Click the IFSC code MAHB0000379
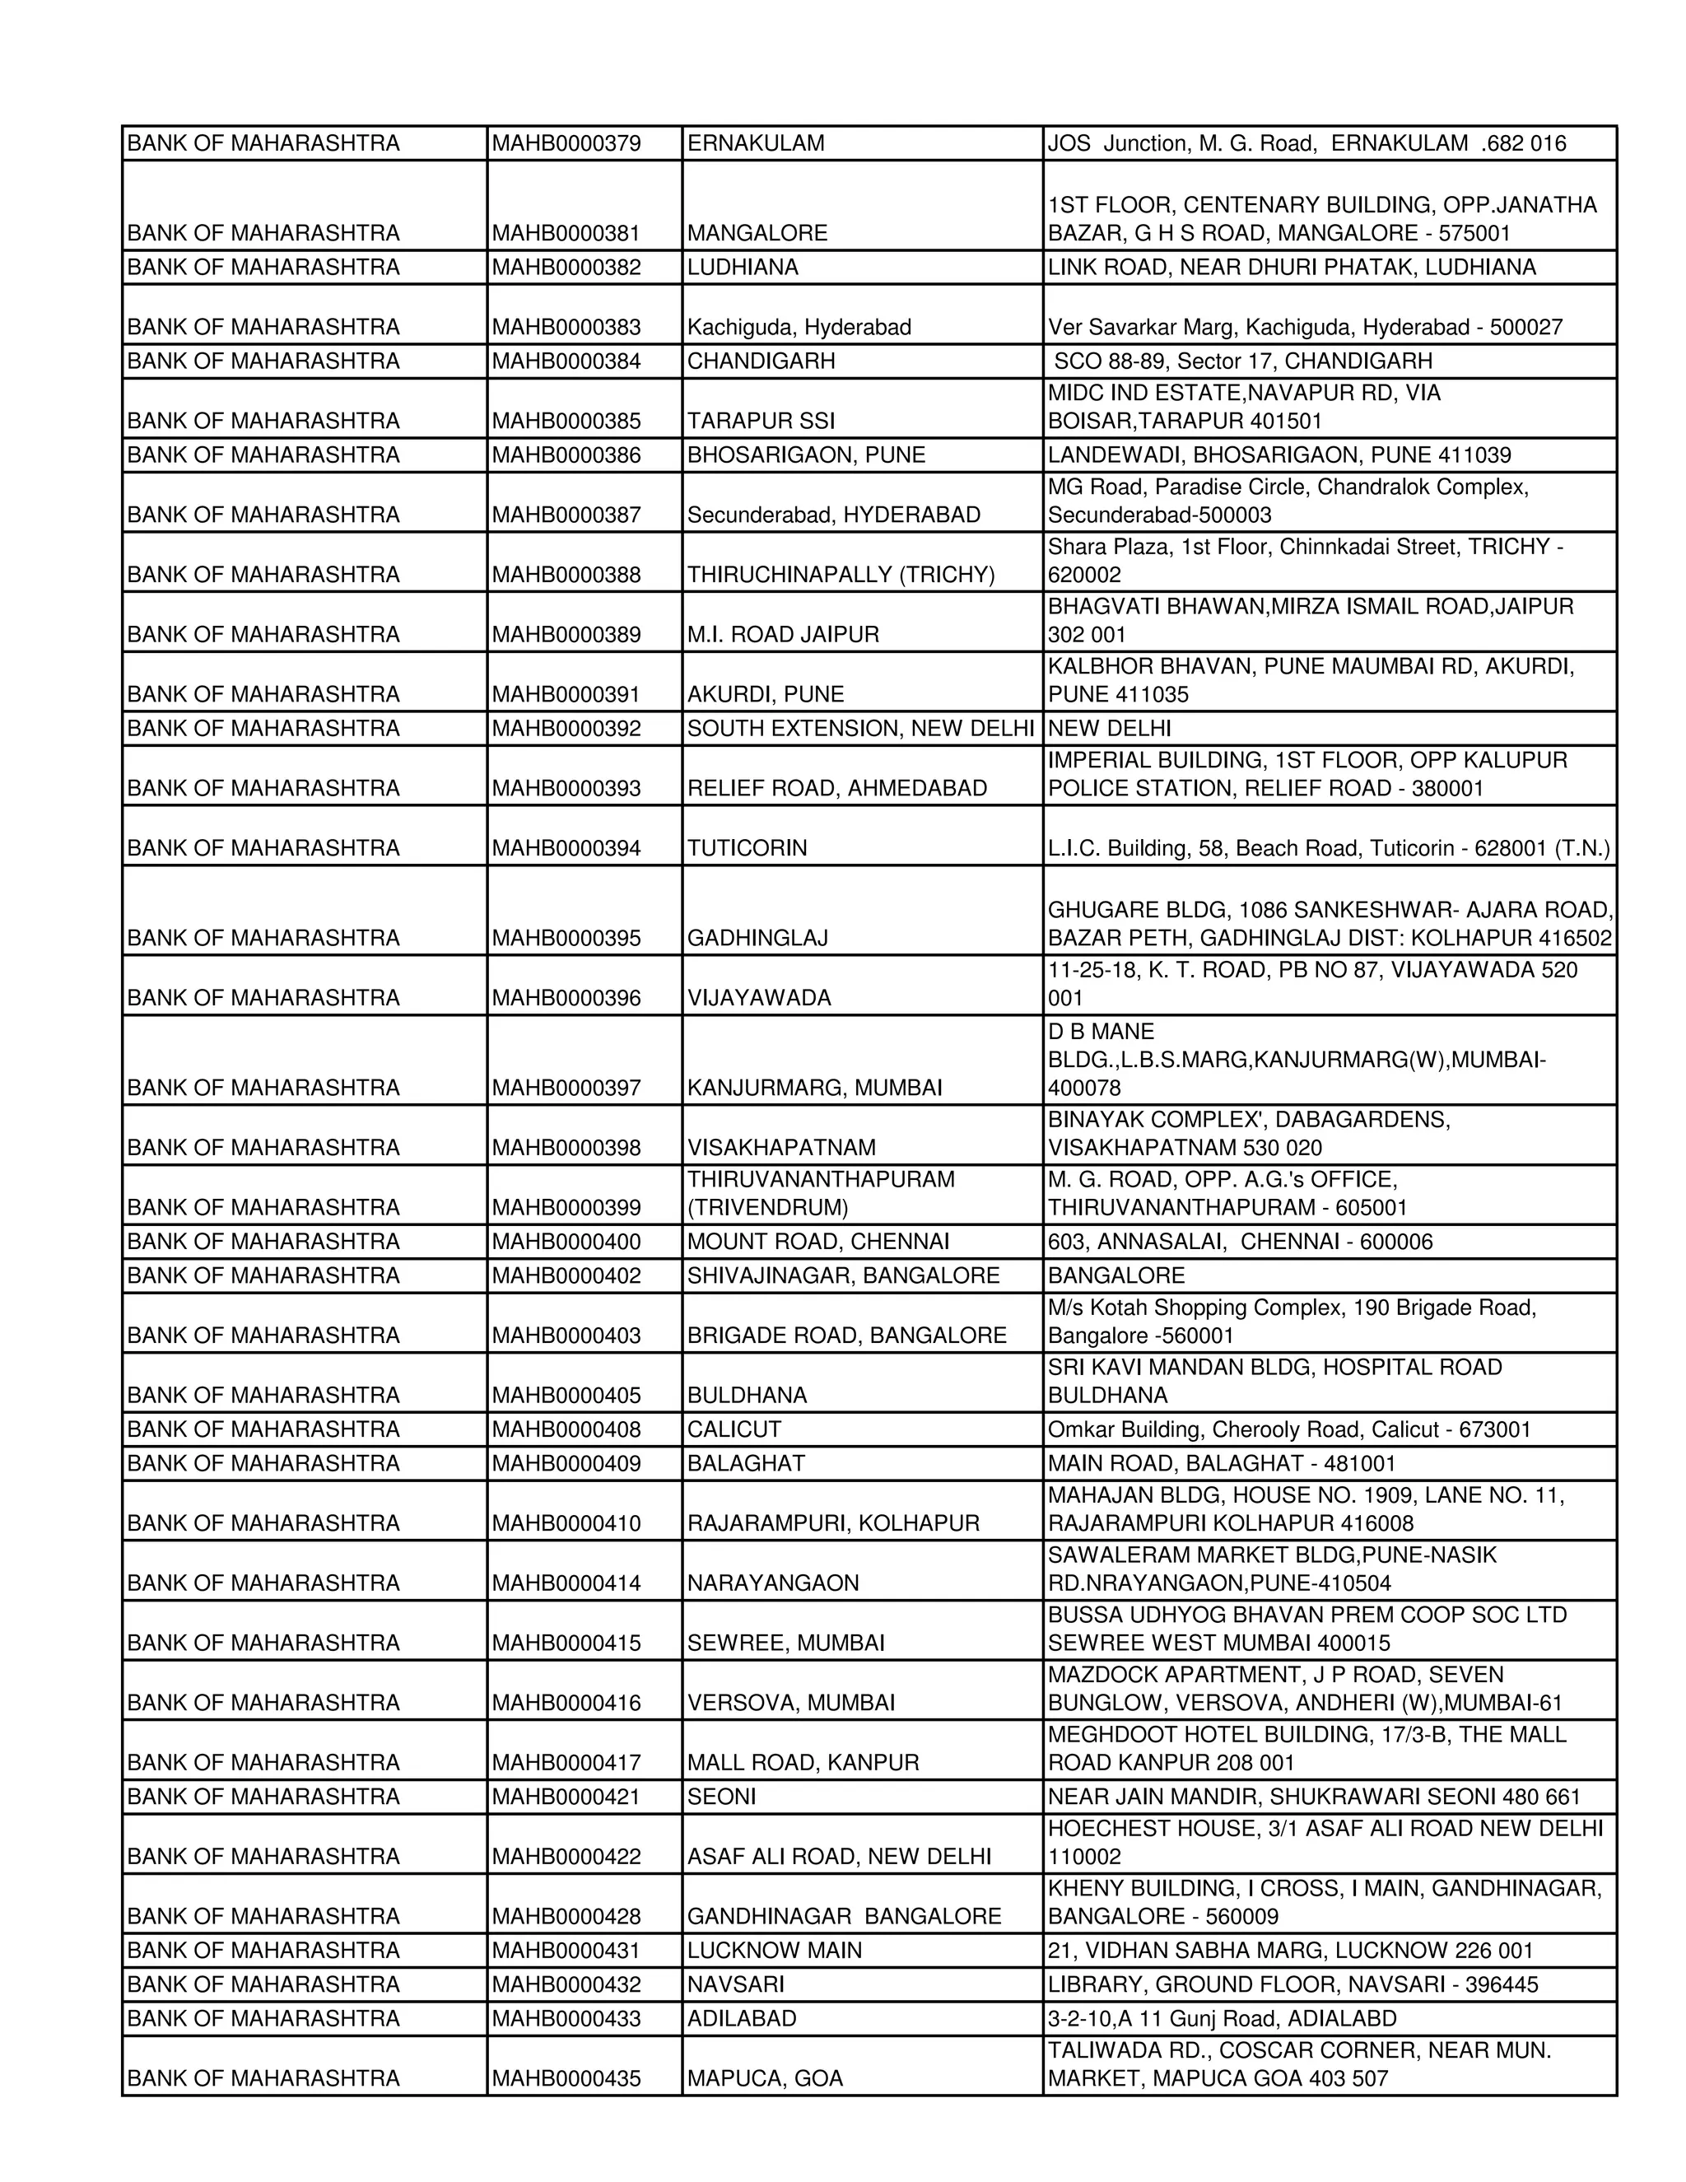566,144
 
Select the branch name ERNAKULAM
756,144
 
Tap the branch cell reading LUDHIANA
743,268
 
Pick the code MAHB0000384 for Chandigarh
566,361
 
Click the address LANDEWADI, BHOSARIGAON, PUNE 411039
1278,455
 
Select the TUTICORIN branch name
748,849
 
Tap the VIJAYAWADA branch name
759,999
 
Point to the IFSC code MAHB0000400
566,1243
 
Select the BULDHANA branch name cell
748,1396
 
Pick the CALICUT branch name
734,1429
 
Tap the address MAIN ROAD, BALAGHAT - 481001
1222,1464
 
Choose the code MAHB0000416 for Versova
566,1704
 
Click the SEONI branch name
721,1797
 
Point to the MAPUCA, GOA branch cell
765,2079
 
